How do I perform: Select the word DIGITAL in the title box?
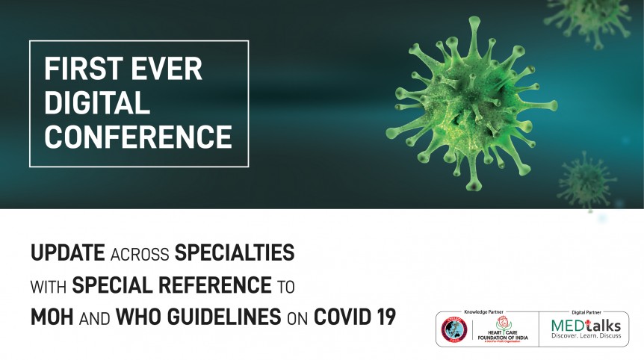(97, 104)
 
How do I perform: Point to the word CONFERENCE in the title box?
(138, 137)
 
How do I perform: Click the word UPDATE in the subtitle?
(67, 253)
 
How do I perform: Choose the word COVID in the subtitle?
(340, 316)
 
